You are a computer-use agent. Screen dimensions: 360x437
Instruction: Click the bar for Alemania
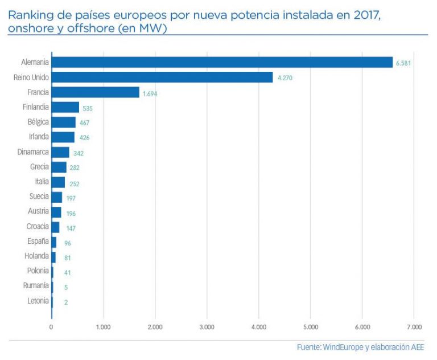click(x=222, y=62)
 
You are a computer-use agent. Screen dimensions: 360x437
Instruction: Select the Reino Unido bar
click(x=162, y=77)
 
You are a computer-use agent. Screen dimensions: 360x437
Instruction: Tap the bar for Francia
click(x=95, y=92)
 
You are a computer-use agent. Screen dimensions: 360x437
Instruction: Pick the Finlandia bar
click(x=65, y=107)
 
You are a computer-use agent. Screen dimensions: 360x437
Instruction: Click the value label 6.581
click(x=403, y=63)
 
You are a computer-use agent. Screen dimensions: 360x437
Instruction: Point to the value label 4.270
click(x=285, y=78)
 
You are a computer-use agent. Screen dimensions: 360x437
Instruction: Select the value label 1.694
click(x=150, y=93)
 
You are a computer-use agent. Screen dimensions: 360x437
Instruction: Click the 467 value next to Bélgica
click(x=84, y=123)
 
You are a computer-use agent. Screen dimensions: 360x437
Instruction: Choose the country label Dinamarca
click(x=34, y=152)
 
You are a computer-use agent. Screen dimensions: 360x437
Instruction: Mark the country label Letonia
click(x=38, y=301)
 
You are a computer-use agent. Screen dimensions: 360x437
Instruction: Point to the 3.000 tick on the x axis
click(x=207, y=327)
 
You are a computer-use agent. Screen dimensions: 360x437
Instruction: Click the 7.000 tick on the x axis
click(x=414, y=327)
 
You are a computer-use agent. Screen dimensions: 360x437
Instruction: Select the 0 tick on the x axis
click(x=51, y=327)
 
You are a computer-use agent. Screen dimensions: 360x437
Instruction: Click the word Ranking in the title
click(x=27, y=14)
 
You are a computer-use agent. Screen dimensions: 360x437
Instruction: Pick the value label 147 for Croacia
click(x=70, y=228)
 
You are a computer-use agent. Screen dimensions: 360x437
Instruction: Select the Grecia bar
click(x=59, y=167)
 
